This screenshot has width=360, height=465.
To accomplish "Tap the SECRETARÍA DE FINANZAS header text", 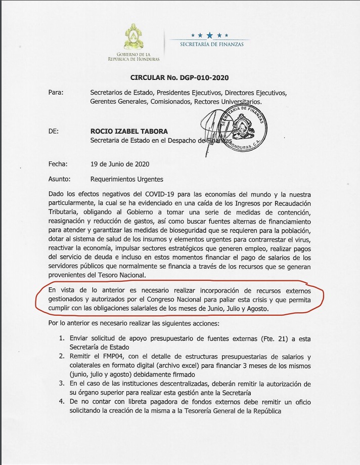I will tap(212, 45).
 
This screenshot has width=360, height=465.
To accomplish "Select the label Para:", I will tap(56, 93).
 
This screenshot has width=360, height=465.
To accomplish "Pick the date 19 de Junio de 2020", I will tap(120, 164).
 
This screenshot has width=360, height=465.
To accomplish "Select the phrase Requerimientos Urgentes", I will tap(126, 179).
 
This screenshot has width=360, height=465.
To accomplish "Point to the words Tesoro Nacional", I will tap(116, 275).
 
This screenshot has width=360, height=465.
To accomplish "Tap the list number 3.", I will tap(61, 384).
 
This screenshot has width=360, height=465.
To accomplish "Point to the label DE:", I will tap(53, 131).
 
